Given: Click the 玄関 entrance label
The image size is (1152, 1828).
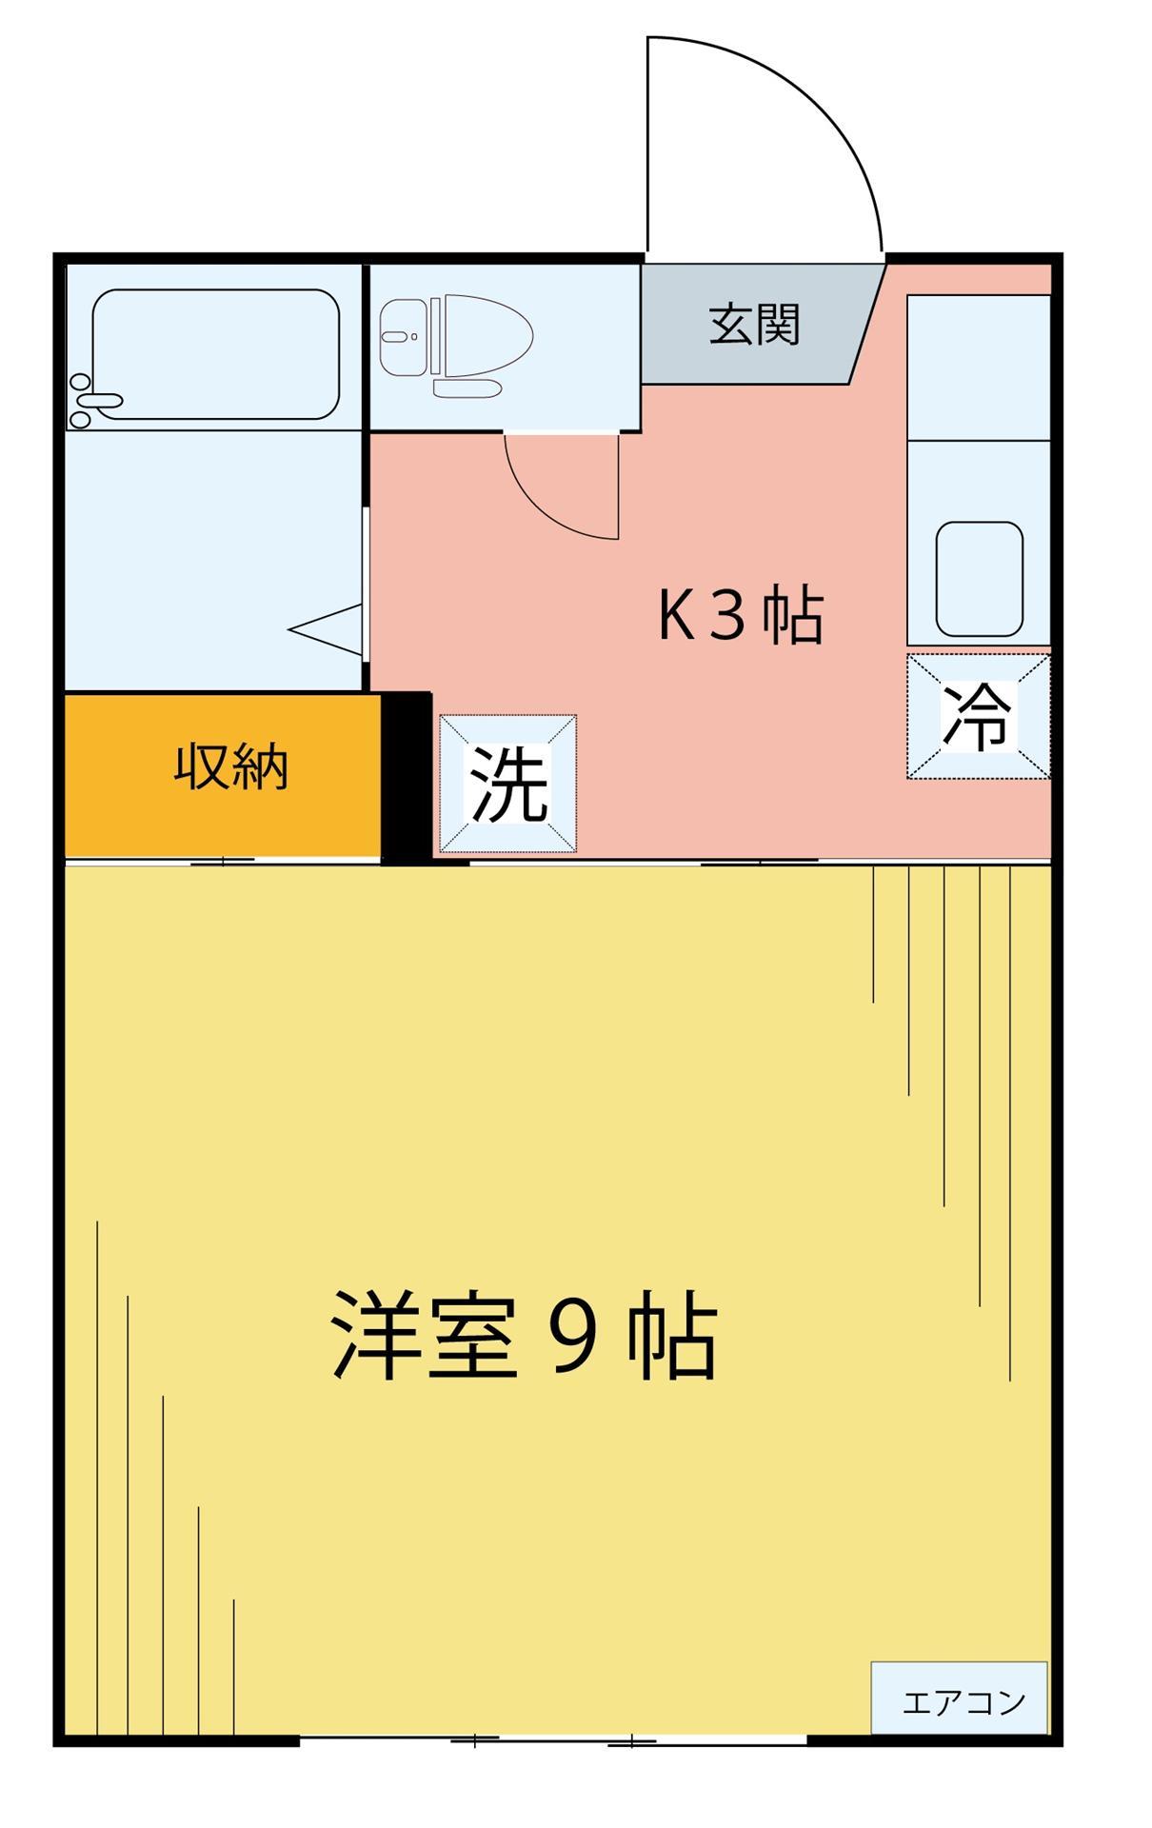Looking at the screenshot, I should (x=753, y=326).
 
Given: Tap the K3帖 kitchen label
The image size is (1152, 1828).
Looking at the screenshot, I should (x=740, y=616).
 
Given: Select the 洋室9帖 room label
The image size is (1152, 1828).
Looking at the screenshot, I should (x=523, y=1336).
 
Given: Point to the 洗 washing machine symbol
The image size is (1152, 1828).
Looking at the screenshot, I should (x=507, y=784).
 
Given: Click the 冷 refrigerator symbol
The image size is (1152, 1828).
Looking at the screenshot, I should (x=978, y=716).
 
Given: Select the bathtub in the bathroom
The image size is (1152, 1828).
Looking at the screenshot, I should (x=217, y=353).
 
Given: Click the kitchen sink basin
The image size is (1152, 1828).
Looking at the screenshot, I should (x=979, y=579).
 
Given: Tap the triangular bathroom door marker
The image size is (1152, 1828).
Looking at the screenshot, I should (x=328, y=629).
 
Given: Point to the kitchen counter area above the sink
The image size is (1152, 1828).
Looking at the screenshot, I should (x=978, y=368).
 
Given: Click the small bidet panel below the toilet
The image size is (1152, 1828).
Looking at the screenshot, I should (x=467, y=388).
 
